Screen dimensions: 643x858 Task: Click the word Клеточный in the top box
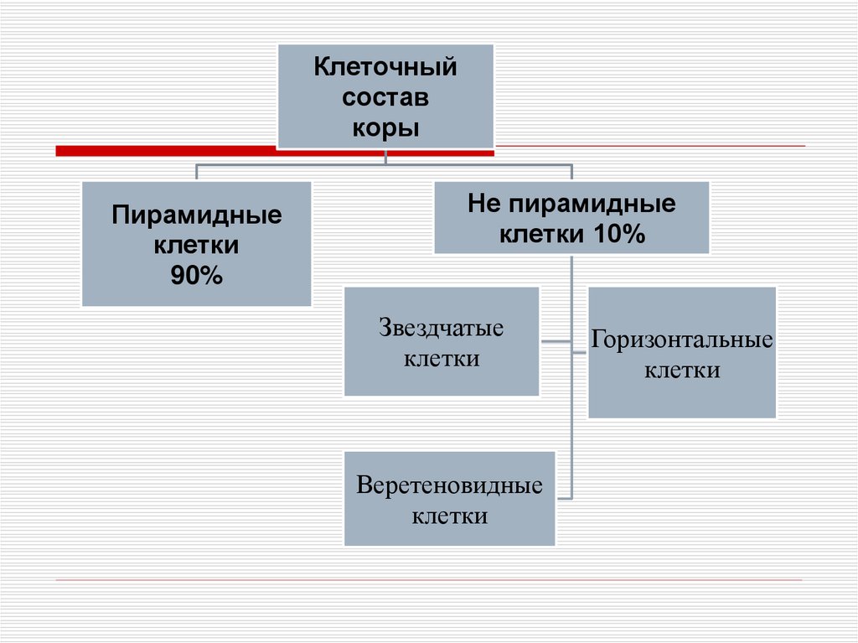pyautogui.click(x=385, y=67)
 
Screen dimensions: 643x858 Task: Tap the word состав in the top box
pyautogui.click(x=385, y=98)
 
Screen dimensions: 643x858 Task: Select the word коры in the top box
pyautogui.click(x=385, y=129)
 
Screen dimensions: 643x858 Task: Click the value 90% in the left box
pyautogui.click(x=197, y=276)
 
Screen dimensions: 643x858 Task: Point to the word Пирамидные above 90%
pyautogui.click(x=197, y=215)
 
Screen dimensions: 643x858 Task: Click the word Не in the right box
pyautogui.click(x=483, y=205)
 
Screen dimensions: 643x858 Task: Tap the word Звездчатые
pyautogui.click(x=442, y=327)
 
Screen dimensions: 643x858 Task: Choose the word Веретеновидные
pyautogui.click(x=449, y=486)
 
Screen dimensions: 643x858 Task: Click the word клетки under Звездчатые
pyautogui.click(x=442, y=359)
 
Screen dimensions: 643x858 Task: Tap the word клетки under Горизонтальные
pyautogui.click(x=681, y=371)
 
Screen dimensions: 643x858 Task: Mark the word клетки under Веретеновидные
pyautogui.click(x=449, y=516)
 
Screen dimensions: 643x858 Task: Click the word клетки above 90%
pyautogui.click(x=197, y=246)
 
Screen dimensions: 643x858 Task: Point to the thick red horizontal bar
pyautogui.click(x=168, y=151)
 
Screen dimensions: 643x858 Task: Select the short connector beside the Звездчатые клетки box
pyautogui.click(x=555, y=342)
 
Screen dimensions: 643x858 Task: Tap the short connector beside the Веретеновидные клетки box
pyautogui.click(x=564, y=498)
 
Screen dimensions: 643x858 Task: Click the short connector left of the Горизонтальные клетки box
pyautogui.click(x=580, y=352)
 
